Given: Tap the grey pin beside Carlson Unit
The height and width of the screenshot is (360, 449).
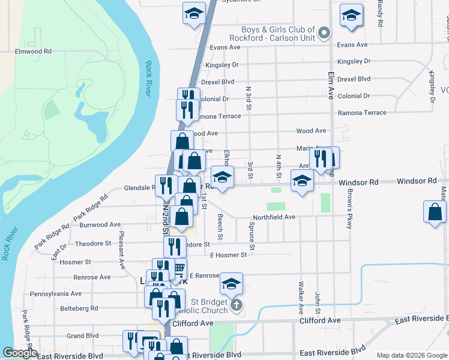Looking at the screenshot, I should pyautogui.click(x=324, y=33).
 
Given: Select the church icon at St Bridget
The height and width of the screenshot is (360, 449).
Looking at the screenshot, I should pyautogui.click(x=237, y=305).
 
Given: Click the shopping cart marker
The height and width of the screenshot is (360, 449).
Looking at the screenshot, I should pyautogui.click(x=178, y=269).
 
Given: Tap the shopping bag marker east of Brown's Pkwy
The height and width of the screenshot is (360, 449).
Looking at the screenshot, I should pyautogui.click(x=435, y=212).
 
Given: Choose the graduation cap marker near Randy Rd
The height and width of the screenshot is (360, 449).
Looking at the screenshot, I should pyautogui.click(x=351, y=15).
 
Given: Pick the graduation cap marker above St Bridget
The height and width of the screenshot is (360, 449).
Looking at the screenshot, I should pyautogui.click(x=231, y=283).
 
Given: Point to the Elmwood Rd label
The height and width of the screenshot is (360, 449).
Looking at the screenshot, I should pyautogui.click(x=33, y=52).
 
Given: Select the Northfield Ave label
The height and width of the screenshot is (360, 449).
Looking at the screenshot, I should pyautogui.click(x=274, y=217).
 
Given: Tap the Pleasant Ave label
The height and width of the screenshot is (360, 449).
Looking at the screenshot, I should pyautogui.click(x=122, y=250).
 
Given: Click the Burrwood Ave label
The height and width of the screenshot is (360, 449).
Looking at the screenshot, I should pyautogui.click(x=100, y=225).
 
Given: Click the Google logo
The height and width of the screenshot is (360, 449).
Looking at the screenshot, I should pyautogui.click(x=20, y=353).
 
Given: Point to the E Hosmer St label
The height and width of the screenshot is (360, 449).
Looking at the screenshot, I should pyautogui.click(x=228, y=255).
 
